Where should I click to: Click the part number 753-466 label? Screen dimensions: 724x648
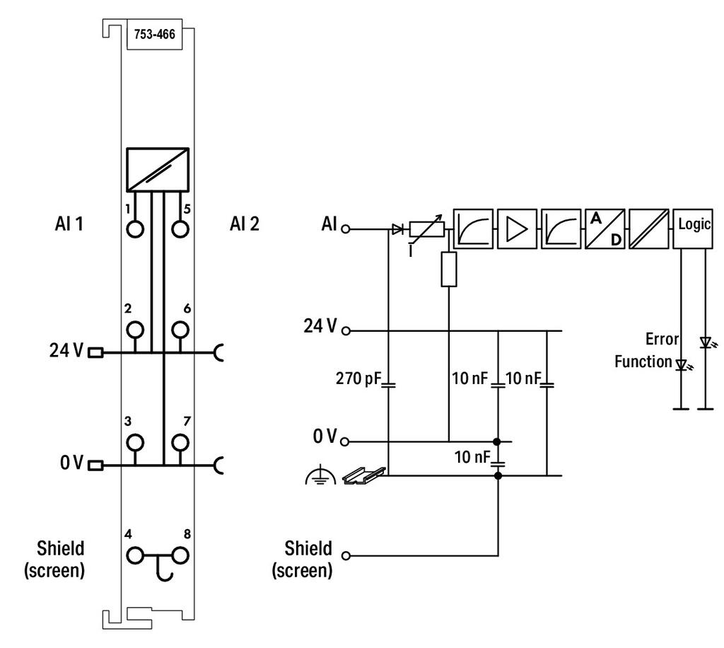pyautogui.click(x=155, y=34)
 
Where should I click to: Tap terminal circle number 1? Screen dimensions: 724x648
pyautogui.click(x=135, y=229)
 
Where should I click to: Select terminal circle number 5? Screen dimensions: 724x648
pyautogui.click(x=180, y=229)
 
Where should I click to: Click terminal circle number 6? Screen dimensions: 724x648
pyautogui.click(x=180, y=330)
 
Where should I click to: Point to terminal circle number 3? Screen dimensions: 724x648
pyautogui.click(x=135, y=442)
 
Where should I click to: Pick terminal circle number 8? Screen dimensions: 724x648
pyautogui.click(x=180, y=555)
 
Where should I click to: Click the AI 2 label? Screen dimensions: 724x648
pyautogui.click(x=245, y=224)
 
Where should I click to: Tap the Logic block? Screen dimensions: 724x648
pyautogui.click(x=693, y=229)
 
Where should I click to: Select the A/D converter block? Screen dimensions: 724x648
pyautogui.click(x=605, y=229)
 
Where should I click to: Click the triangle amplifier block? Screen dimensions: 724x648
pyautogui.click(x=517, y=229)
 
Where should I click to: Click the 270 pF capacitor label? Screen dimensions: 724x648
pyautogui.click(x=358, y=378)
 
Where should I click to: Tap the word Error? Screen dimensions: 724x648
pyautogui.click(x=662, y=339)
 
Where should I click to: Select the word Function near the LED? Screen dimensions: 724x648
pyautogui.click(x=643, y=361)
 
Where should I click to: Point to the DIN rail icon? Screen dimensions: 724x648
pyautogui.click(x=364, y=475)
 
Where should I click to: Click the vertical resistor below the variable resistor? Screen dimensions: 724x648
pyautogui.click(x=449, y=269)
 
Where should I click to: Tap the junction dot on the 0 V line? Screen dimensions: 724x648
pyautogui.click(x=497, y=442)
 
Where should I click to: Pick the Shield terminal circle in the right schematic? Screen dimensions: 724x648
pyautogui.click(x=345, y=555)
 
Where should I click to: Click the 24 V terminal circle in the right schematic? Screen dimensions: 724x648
pyautogui.click(x=345, y=330)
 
